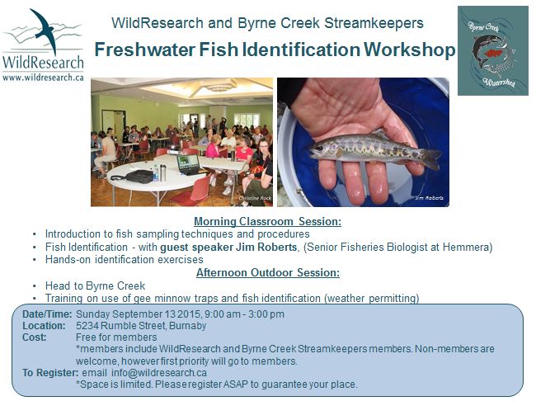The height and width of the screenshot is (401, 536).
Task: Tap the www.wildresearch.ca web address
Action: click(x=43, y=78)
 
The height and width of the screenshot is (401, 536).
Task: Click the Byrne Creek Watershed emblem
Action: click(x=493, y=50)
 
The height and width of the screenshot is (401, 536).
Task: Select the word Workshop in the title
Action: click(x=409, y=50)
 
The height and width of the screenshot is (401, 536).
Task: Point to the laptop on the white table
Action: click(x=188, y=165)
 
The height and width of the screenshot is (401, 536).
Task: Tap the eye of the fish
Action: click(x=320, y=148)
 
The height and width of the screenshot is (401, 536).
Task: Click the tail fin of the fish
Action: click(x=431, y=158)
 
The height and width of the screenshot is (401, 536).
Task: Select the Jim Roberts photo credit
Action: click(x=430, y=198)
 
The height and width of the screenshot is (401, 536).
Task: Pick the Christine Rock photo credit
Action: click(x=255, y=198)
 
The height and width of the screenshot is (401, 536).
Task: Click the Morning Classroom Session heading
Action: click(x=268, y=221)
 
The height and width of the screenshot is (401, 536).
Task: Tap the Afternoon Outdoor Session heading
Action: click(x=268, y=272)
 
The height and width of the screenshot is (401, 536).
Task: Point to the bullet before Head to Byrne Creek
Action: click(x=34, y=286)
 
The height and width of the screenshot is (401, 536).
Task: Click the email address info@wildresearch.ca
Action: click(x=159, y=372)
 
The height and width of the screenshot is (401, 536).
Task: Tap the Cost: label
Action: click(x=34, y=337)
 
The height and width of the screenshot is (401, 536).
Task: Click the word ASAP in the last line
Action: click(x=236, y=384)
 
